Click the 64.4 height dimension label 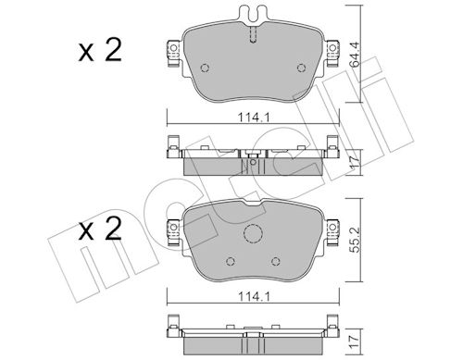[355, 55]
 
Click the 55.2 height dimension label [355, 240]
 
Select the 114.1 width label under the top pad [254, 118]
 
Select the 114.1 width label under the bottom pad [254, 297]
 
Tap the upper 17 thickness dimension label [355, 162]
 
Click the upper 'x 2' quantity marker [100, 50]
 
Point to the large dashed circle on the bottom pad [253, 233]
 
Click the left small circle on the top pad [205, 68]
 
